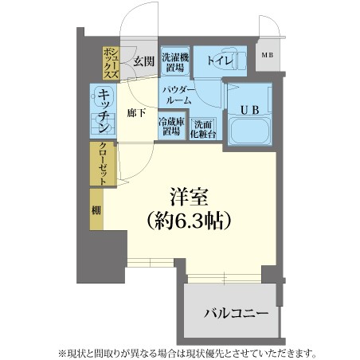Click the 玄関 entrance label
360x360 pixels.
[x=143, y=61]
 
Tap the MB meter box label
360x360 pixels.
[x=268, y=55]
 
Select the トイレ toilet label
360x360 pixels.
[x=220, y=61]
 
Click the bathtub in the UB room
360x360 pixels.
[x=249, y=130]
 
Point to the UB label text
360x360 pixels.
[x=250, y=110]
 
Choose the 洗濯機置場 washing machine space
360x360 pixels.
[x=175, y=61]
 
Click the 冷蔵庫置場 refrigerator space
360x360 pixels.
[x=171, y=126]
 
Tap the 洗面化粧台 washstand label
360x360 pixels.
[x=203, y=129]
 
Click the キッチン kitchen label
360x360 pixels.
[x=104, y=111]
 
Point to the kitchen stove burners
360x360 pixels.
[x=103, y=123]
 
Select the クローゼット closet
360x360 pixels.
[x=103, y=164]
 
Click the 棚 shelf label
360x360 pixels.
[x=96, y=210]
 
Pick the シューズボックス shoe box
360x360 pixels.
[x=111, y=63]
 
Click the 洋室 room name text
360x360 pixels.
[x=189, y=197]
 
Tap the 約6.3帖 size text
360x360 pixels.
[x=189, y=221]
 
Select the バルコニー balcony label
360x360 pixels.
[x=236, y=314]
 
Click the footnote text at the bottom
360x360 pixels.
[x=187, y=353]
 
